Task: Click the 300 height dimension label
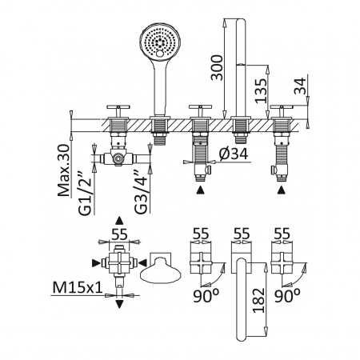[x=217, y=68]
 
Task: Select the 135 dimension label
[x=261, y=90]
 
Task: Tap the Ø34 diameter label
[x=234, y=154]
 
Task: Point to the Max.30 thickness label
[x=64, y=170]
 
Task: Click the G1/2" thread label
[x=85, y=193]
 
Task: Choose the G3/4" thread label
[x=141, y=192]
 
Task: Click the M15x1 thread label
[x=78, y=288]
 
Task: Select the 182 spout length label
[x=258, y=300]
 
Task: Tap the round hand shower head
[x=160, y=40]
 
